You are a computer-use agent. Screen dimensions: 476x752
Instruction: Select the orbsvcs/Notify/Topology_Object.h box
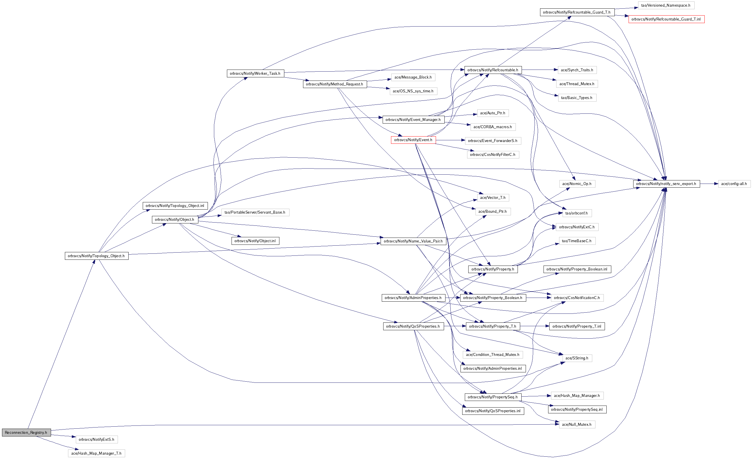97,256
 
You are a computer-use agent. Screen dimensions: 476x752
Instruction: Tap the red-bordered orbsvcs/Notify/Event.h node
413,140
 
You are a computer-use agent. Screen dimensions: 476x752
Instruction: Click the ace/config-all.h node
734,184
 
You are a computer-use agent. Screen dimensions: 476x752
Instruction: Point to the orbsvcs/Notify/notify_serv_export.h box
666,184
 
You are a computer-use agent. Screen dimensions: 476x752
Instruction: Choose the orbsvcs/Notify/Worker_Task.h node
255,73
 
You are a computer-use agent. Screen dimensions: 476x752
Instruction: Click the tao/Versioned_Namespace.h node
666,5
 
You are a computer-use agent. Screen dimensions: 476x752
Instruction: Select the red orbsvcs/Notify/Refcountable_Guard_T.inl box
666,19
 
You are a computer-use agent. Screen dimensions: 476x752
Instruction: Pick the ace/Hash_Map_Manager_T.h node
96,453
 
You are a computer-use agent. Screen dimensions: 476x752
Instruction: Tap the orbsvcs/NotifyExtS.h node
97,439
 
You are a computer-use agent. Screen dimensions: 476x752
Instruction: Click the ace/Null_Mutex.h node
576,424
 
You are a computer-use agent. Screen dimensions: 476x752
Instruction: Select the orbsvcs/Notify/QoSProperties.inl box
493,411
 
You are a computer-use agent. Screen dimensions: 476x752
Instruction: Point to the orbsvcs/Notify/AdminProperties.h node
413,298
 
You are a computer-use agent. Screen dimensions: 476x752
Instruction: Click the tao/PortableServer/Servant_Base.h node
255,212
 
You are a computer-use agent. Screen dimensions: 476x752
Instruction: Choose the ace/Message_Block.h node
413,77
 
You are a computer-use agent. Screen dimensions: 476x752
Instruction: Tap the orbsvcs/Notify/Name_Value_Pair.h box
413,241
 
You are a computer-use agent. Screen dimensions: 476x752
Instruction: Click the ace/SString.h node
577,358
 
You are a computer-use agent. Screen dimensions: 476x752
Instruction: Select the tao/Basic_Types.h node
576,98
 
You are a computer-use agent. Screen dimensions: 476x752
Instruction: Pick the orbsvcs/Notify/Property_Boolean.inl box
577,269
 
